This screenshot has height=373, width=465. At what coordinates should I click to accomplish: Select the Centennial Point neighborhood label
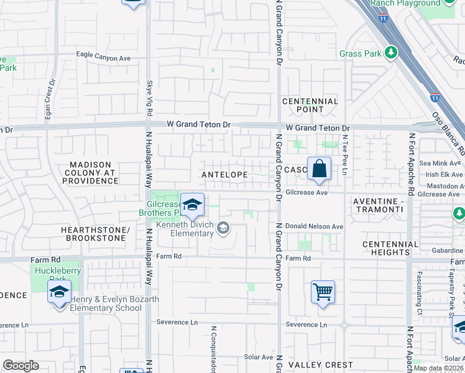(310, 105)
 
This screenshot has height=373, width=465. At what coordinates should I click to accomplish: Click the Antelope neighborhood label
(225, 175)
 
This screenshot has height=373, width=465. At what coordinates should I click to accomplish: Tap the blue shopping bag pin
(319, 168)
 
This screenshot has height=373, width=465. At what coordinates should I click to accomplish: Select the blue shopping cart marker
(323, 291)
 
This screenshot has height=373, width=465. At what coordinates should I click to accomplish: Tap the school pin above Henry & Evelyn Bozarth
(59, 292)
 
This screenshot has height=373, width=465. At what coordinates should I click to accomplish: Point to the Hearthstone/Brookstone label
(94, 234)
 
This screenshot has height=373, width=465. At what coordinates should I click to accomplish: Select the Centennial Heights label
(390, 248)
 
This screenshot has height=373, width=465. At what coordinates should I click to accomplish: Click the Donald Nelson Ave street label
(314, 227)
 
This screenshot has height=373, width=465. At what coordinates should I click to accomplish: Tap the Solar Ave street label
(259, 357)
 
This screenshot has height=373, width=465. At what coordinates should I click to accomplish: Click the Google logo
(21, 365)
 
